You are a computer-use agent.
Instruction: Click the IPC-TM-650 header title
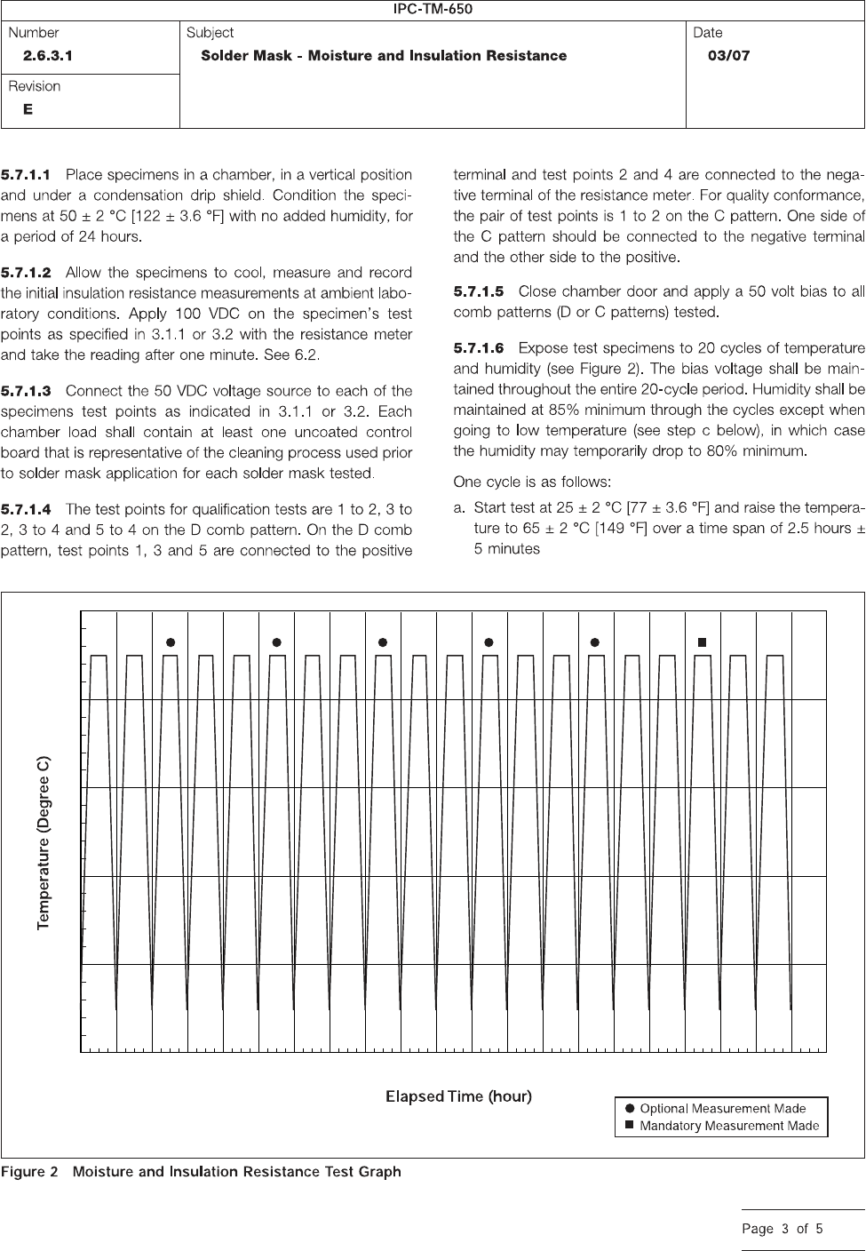tap(433, 10)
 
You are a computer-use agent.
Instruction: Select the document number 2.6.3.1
tap(49, 55)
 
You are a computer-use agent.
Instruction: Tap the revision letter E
tap(28, 109)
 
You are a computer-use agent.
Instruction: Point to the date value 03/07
tap(728, 55)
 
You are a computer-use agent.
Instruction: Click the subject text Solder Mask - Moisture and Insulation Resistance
tap(384, 55)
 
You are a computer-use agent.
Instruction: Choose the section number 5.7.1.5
tap(479, 291)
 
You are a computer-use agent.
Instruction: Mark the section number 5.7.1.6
tap(479, 347)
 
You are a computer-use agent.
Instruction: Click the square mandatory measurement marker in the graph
tap(702, 641)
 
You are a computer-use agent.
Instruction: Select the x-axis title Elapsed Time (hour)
tap(458, 1096)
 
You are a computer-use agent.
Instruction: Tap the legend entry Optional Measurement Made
tap(722, 1109)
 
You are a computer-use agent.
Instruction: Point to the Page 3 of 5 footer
tap(783, 1230)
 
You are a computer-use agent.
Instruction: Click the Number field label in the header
tap(34, 33)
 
